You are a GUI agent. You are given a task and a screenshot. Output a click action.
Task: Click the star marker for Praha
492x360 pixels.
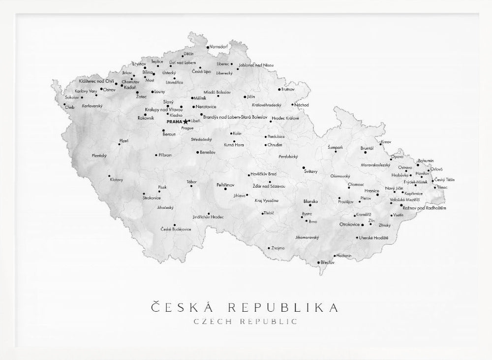(185, 121)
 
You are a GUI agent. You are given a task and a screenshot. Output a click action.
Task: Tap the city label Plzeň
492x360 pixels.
(123, 141)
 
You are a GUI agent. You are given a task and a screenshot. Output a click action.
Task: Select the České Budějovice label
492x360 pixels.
(175, 229)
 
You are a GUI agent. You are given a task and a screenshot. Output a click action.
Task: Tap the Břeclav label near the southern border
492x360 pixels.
(327, 262)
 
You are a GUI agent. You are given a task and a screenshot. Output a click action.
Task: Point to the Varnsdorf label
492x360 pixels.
(218, 46)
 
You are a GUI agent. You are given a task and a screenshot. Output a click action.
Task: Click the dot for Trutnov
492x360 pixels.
(279, 90)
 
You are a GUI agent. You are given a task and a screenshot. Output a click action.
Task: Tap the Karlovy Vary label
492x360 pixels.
(86, 91)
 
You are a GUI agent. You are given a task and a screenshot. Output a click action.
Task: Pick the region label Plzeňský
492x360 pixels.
(99, 155)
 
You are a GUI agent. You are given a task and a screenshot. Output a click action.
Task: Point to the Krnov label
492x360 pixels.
(386, 142)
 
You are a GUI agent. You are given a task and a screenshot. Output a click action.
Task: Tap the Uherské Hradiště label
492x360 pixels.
(374, 237)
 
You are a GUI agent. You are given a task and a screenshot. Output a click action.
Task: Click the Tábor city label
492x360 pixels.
(192, 182)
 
